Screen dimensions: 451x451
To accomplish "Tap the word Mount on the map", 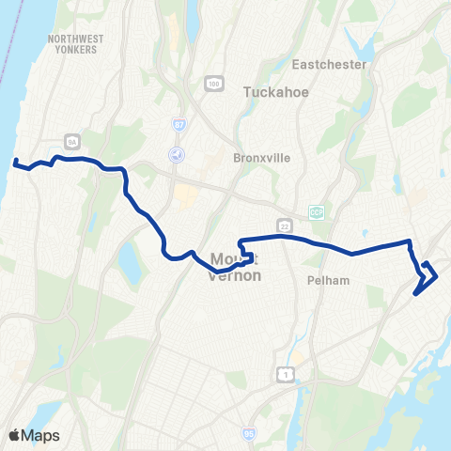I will click(x=233, y=257).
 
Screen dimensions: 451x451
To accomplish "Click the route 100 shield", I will click(x=215, y=85).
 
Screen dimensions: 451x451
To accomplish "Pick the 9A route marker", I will click(x=70, y=143).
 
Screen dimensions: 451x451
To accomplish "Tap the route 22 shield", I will click(x=284, y=225).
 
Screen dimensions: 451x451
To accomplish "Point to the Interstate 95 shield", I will click(x=249, y=434).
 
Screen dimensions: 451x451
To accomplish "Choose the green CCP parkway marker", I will click(x=317, y=212).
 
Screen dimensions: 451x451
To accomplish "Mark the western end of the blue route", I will click(x=15, y=163).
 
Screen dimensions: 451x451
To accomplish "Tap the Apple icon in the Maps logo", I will click(x=13, y=435).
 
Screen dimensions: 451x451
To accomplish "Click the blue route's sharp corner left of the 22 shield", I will click(x=241, y=240).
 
